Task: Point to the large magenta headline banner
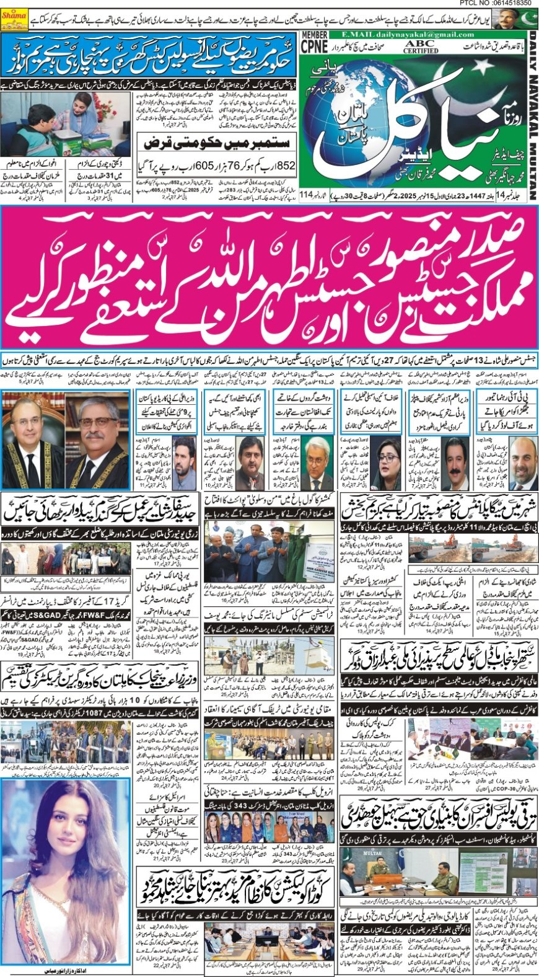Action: coord(269,277)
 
